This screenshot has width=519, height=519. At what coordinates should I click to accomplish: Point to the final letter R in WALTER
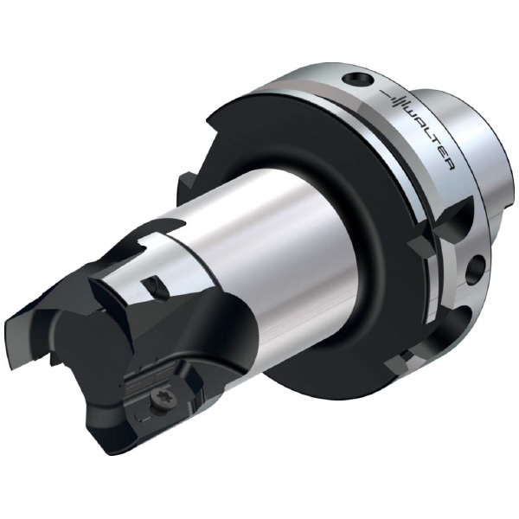pos(449,163)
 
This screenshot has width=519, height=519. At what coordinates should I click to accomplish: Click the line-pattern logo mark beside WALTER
pos(394,97)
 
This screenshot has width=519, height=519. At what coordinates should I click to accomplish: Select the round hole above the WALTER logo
pos(358,79)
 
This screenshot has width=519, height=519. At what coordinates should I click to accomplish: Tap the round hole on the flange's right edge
pos(476,269)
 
